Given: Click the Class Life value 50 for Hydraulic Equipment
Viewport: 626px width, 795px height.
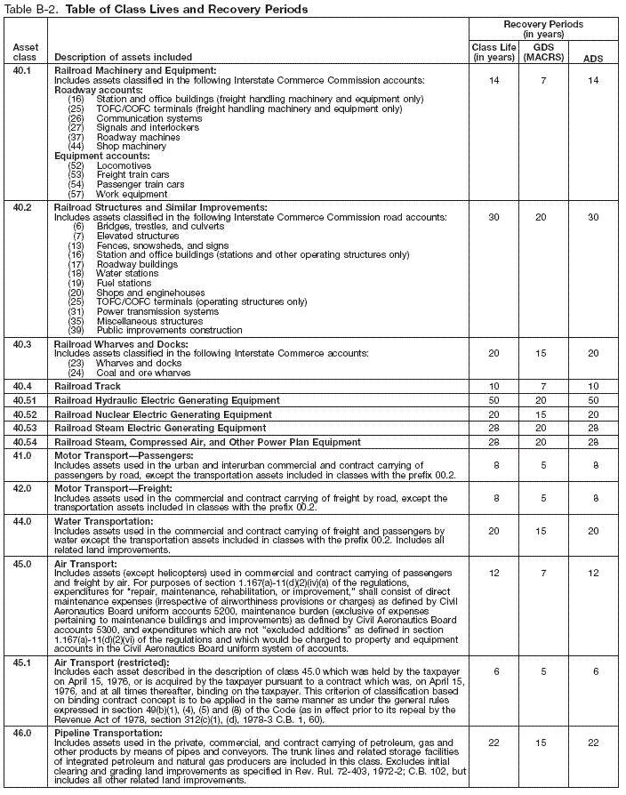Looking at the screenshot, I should [493, 401].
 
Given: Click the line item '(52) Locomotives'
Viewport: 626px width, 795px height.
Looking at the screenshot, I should [111, 165].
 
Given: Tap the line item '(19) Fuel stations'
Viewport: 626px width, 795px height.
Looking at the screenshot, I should [116, 283].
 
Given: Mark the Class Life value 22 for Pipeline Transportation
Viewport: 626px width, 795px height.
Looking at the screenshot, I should [493, 742].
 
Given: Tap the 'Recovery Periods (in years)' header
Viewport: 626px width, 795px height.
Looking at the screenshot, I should [543, 28].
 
